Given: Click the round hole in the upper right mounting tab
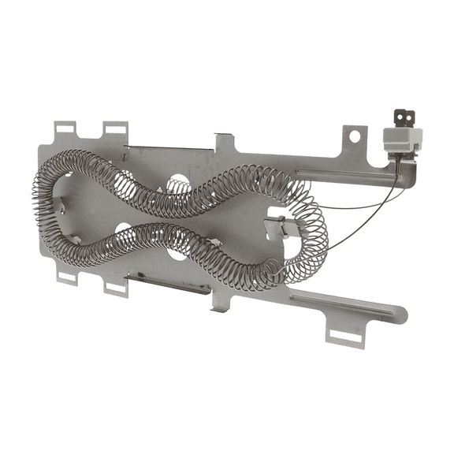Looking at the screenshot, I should coord(355,136).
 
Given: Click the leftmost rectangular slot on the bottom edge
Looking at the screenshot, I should coord(67,277).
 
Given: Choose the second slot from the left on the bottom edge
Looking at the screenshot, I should coord(116,287).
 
